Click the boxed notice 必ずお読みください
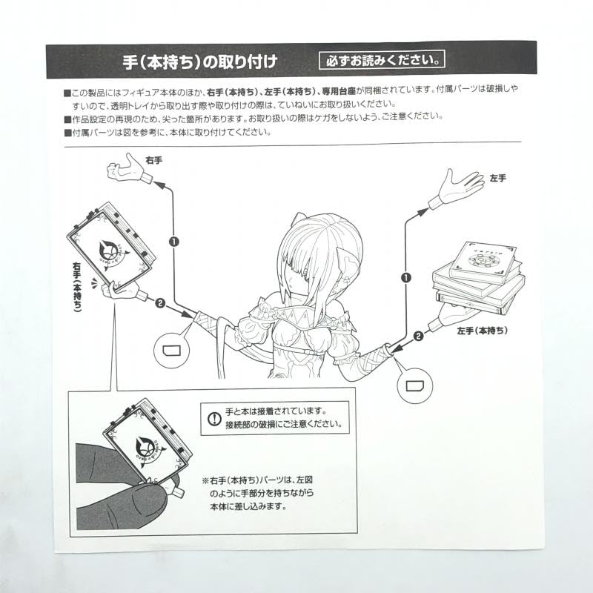click(382, 59)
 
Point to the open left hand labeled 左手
click(457, 185)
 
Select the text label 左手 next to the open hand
click(498, 179)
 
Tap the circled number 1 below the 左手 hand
click(405, 277)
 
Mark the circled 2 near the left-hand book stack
click(417, 334)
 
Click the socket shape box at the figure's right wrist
click(172, 346)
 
